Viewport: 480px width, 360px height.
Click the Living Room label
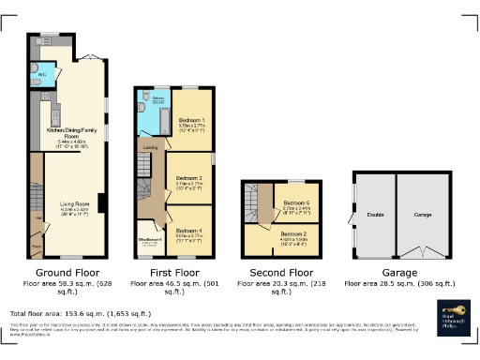click(x=75, y=202)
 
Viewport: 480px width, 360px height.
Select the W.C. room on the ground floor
click(x=43, y=75)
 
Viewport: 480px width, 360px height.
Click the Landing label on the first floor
click(x=149, y=147)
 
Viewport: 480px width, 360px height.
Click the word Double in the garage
click(x=372, y=215)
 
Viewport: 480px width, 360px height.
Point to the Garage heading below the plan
click(x=392, y=273)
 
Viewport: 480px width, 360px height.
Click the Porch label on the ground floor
click(x=37, y=247)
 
